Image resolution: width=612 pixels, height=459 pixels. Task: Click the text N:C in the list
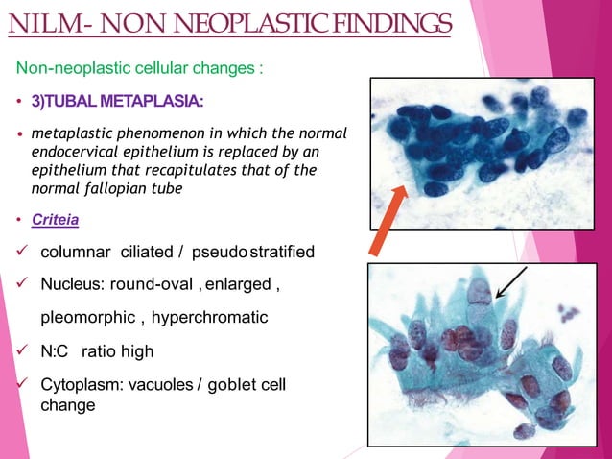[56, 351]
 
